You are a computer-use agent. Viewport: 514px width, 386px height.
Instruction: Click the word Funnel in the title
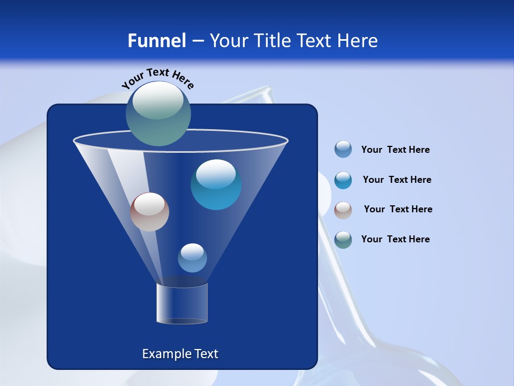pyautogui.click(x=156, y=41)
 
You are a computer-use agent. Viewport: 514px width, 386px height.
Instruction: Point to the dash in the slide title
pyautogui.click(x=198, y=41)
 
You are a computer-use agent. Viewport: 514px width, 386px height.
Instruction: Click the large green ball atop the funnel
pyautogui.click(x=158, y=113)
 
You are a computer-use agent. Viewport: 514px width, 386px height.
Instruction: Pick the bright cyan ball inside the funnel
pyautogui.click(x=216, y=184)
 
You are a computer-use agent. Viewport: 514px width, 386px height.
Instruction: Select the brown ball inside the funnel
pyautogui.click(x=149, y=212)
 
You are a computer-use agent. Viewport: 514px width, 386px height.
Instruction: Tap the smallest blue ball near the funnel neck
pyautogui.click(x=192, y=258)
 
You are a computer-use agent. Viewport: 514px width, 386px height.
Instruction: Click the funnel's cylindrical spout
pyautogui.click(x=182, y=303)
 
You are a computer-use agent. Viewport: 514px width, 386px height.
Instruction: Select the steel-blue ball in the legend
pyautogui.click(x=343, y=149)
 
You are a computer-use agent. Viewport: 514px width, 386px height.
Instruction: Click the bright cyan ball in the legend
pyautogui.click(x=343, y=180)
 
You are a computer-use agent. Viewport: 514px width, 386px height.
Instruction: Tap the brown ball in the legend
pyautogui.click(x=343, y=210)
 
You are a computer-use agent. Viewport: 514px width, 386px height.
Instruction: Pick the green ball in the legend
pyautogui.click(x=343, y=239)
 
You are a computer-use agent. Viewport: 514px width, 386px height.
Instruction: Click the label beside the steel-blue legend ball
pyautogui.click(x=395, y=150)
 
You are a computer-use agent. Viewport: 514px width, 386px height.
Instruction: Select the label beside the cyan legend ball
pyautogui.click(x=397, y=180)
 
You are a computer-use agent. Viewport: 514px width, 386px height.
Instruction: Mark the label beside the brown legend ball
pyautogui.click(x=398, y=209)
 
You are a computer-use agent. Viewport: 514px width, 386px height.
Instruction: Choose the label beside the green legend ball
pyautogui.click(x=395, y=239)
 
